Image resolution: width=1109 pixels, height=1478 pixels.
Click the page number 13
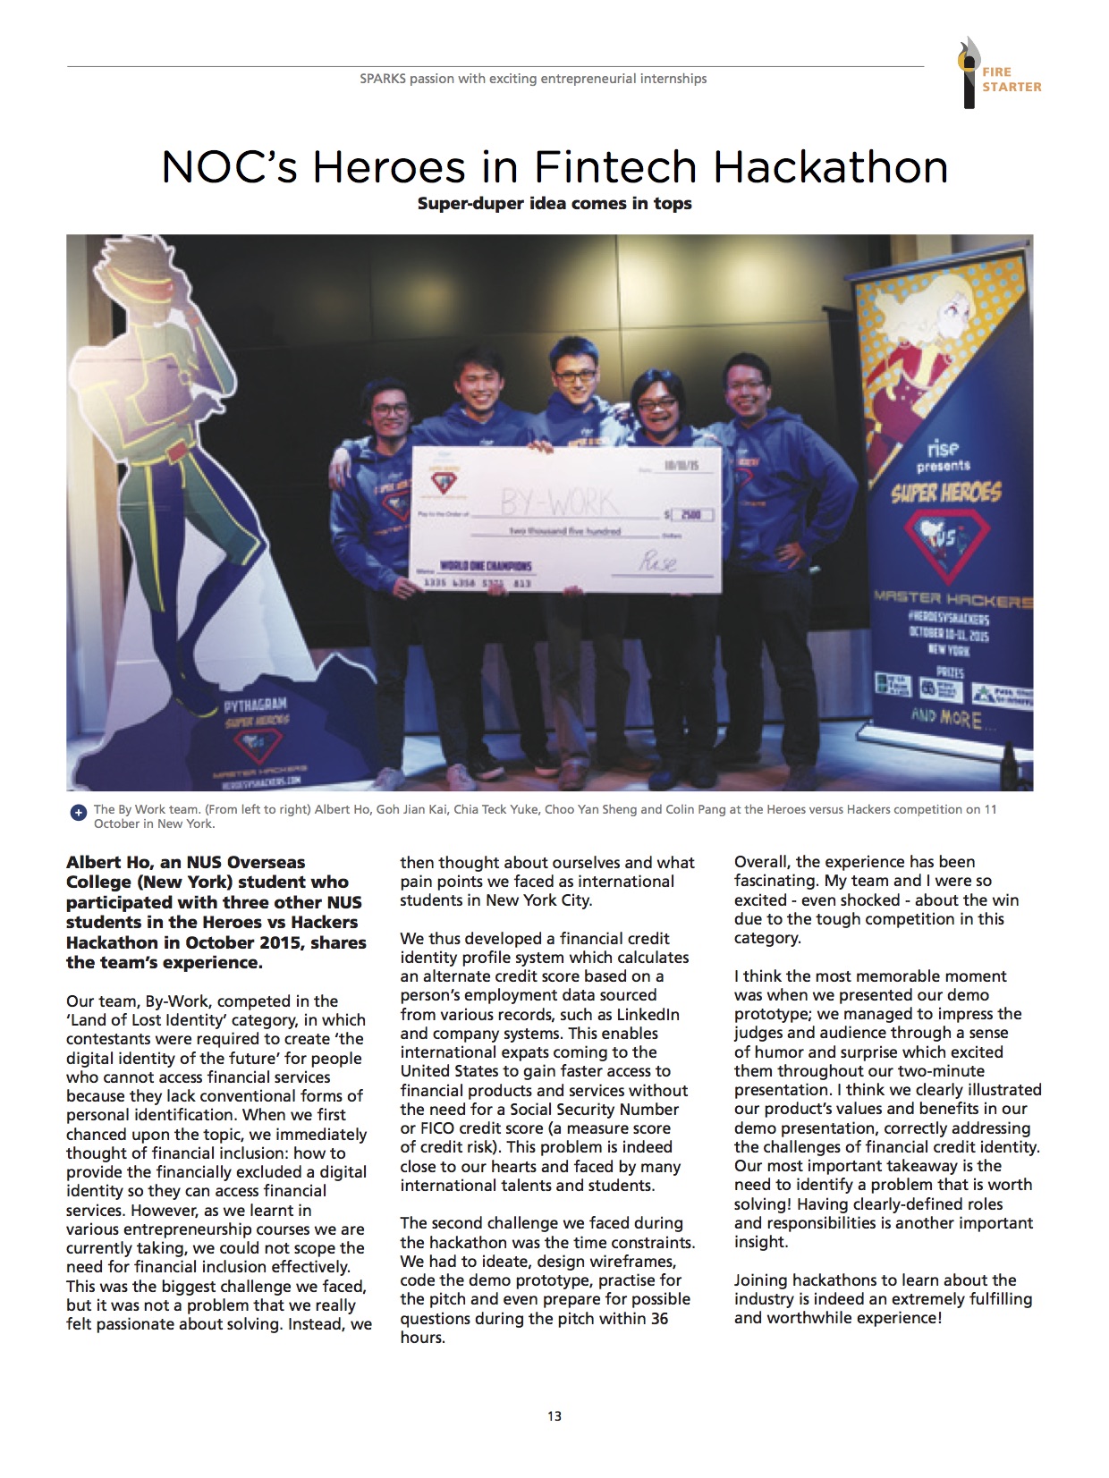point(554,1415)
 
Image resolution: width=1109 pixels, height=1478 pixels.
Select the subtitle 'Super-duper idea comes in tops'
point(554,204)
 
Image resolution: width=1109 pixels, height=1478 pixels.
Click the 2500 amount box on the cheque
point(693,515)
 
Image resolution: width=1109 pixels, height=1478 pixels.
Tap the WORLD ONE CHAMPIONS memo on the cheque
point(486,566)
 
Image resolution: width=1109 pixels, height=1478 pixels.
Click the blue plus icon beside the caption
point(78,813)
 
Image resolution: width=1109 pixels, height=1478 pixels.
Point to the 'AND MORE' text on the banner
point(945,717)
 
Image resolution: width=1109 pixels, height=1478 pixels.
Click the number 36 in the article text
point(658,1318)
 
